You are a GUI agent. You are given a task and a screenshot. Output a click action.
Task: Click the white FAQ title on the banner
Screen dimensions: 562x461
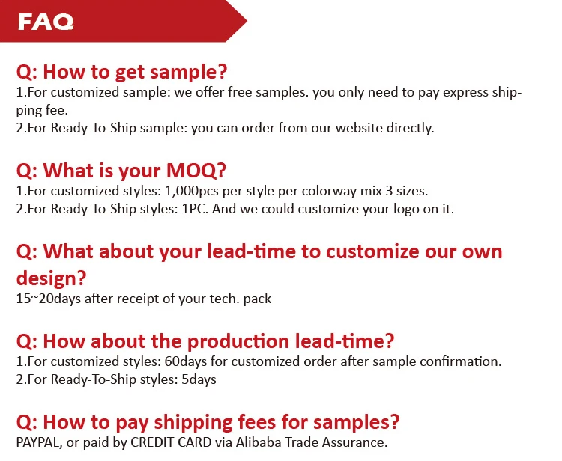click(46, 22)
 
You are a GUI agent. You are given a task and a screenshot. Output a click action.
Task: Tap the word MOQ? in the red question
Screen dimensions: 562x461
click(196, 171)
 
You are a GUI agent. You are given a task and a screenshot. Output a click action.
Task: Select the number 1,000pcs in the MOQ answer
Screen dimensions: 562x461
click(191, 191)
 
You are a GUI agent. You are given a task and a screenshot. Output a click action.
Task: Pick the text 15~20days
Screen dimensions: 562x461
click(49, 299)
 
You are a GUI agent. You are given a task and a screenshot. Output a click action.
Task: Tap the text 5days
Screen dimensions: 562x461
click(199, 379)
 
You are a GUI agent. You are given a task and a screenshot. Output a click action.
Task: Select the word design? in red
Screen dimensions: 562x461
click(51, 278)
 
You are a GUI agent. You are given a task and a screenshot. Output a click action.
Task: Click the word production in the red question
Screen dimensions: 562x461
click(238, 341)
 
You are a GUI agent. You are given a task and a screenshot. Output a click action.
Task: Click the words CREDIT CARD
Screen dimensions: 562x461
click(171, 442)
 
